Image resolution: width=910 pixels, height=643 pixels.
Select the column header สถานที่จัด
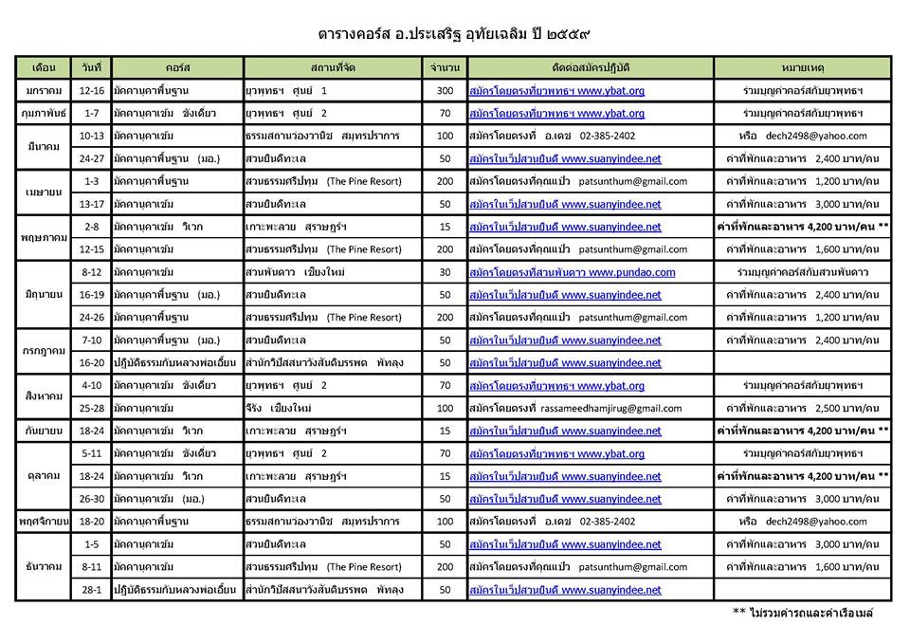pyautogui.click(x=333, y=68)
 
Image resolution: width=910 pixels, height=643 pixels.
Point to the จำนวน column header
pyautogui.click(x=445, y=68)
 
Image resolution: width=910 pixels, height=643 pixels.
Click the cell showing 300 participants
pyautogui.click(x=445, y=91)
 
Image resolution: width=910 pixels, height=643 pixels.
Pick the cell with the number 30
pyautogui.click(x=445, y=272)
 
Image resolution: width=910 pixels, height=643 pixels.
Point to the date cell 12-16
pyautogui.click(x=93, y=91)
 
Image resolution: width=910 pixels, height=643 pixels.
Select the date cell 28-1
pyautogui.click(x=93, y=590)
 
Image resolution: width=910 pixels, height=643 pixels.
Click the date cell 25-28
pyautogui.click(x=93, y=408)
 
